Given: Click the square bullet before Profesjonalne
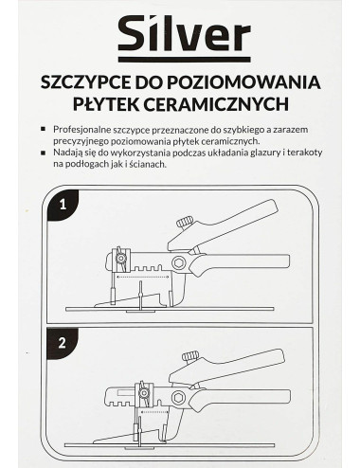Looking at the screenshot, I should click(x=46, y=129).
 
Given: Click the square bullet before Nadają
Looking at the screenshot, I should click(x=46, y=153).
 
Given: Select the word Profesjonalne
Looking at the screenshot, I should click(x=85, y=129).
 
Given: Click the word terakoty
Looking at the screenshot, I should click(x=303, y=153).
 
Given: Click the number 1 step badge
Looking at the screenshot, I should click(x=61, y=203).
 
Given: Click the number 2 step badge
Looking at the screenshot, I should click(x=61, y=344).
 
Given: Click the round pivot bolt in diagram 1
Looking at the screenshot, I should click(x=178, y=262).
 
